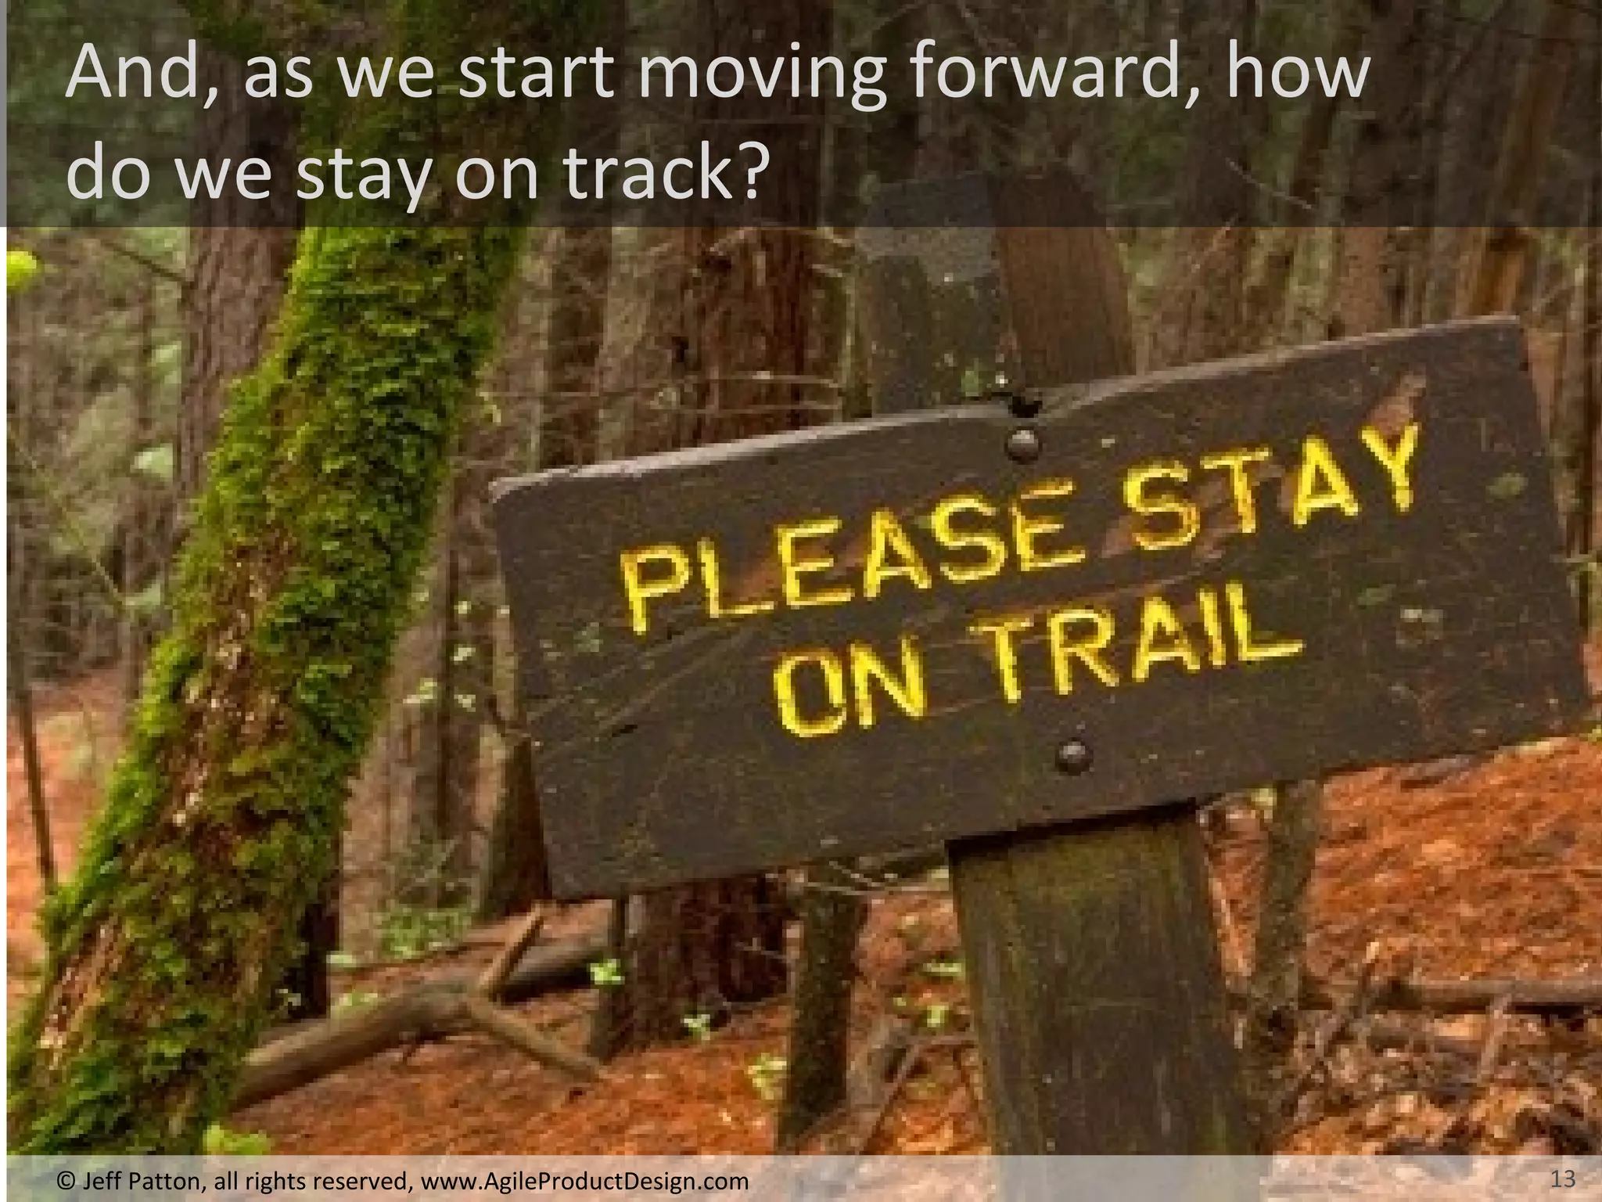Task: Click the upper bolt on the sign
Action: (x=1022, y=444)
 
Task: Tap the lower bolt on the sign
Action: (x=1072, y=755)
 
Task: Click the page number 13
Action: (x=1562, y=1179)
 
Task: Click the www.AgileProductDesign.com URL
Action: (x=584, y=1180)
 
